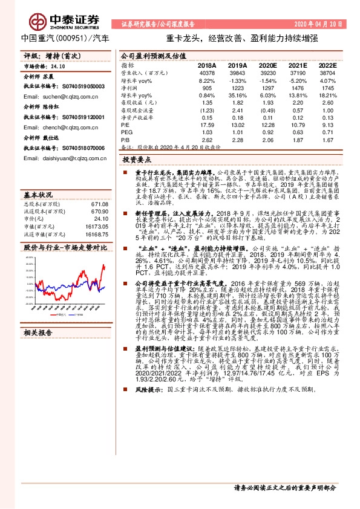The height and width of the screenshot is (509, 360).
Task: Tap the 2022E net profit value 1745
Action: (x=327, y=88)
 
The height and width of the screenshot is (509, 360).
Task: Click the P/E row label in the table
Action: (x=125, y=125)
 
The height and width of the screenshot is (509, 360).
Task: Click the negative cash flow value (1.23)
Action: (x=207, y=111)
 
